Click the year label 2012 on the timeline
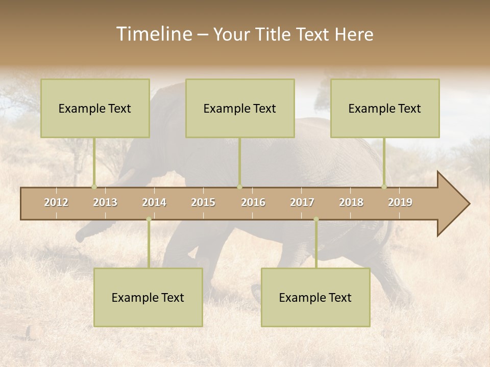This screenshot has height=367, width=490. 56,202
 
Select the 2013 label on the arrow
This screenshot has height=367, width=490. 105,202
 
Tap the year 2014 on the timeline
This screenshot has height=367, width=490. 154,202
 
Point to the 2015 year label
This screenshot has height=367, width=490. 203,202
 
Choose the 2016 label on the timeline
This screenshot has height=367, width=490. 253,202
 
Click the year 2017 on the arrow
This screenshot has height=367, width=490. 302,202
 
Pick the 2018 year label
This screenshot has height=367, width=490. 351,202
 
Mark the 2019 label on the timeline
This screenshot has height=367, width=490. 400,202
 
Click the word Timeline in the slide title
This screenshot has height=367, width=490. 154,34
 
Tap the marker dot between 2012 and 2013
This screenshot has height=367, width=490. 94,187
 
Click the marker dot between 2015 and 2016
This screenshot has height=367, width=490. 239,187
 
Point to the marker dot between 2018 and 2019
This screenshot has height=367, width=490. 384,187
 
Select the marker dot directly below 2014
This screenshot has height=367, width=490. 149,219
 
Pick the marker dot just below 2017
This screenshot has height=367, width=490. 316,219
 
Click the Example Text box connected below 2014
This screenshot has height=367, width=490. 148,297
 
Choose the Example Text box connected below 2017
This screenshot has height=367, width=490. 315,297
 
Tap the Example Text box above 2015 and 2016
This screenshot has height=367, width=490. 240,108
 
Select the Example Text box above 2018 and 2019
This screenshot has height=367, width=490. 385,108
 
